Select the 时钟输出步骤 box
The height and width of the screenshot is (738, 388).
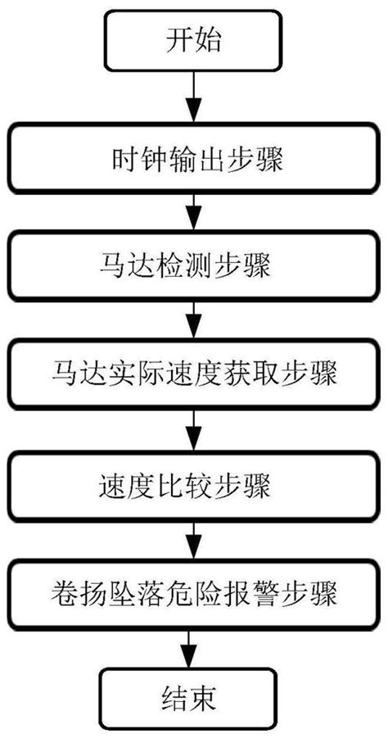[195, 157]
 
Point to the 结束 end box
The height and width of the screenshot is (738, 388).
[194, 701]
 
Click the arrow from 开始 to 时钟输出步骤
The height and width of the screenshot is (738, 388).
[194, 98]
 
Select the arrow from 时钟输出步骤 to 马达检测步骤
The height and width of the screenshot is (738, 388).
[194, 211]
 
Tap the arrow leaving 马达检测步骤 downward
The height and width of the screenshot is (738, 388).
[194, 320]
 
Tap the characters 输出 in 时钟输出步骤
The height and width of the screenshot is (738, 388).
[195, 157]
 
